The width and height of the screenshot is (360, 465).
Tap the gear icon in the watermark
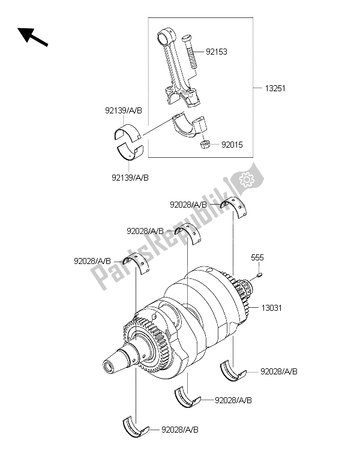[246, 179]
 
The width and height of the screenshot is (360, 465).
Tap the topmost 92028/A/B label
[189, 205]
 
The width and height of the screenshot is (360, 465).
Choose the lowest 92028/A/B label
[181, 430]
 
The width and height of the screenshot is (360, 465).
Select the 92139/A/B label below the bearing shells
[130, 177]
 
